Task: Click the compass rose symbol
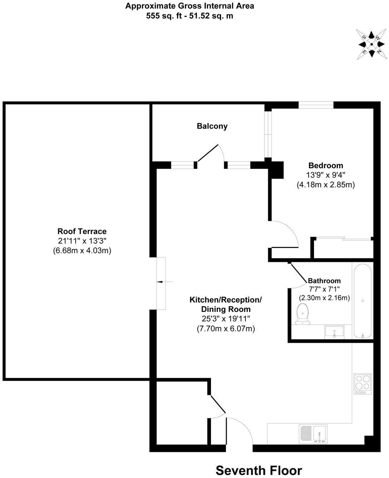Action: tap(371, 44)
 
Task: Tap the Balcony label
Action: tap(212, 126)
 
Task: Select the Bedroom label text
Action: tap(325, 166)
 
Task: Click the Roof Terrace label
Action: tap(82, 231)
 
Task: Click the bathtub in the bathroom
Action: tap(363, 301)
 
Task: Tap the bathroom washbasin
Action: tap(334, 332)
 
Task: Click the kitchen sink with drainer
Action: tap(313, 434)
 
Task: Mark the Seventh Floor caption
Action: tap(259, 470)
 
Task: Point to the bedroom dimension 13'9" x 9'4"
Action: tap(325, 175)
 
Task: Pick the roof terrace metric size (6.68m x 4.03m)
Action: tap(82, 250)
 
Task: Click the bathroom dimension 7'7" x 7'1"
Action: tap(324, 289)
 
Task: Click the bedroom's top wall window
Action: tap(316, 105)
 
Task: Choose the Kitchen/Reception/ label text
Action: tap(226, 299)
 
